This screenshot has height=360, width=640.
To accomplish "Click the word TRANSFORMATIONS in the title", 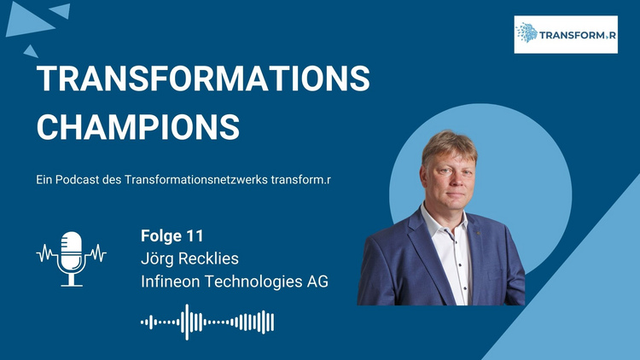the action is coord(203,78).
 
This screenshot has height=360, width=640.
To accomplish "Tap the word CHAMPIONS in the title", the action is coord(138,127).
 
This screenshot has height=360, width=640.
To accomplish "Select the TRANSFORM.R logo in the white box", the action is coord(566,35).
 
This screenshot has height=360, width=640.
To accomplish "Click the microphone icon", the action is coord(72,258).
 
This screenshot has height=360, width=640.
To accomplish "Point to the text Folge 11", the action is coord(172,236).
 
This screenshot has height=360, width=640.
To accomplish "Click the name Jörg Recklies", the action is coord(189,258).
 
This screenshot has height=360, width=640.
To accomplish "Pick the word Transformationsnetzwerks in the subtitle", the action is coord(196,180).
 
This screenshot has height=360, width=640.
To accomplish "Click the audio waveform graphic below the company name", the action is coord(207,322).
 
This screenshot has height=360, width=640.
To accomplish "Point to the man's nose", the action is coord(452,183).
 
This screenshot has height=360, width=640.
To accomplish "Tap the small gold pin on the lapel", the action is coord(479,233).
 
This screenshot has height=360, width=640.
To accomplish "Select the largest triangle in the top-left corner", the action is coord(28,20).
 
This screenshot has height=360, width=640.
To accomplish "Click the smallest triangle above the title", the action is coord(31,52).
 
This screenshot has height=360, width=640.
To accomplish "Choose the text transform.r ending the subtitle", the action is coord(301,180).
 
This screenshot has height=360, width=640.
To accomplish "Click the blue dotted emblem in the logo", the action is coord(527,33).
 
